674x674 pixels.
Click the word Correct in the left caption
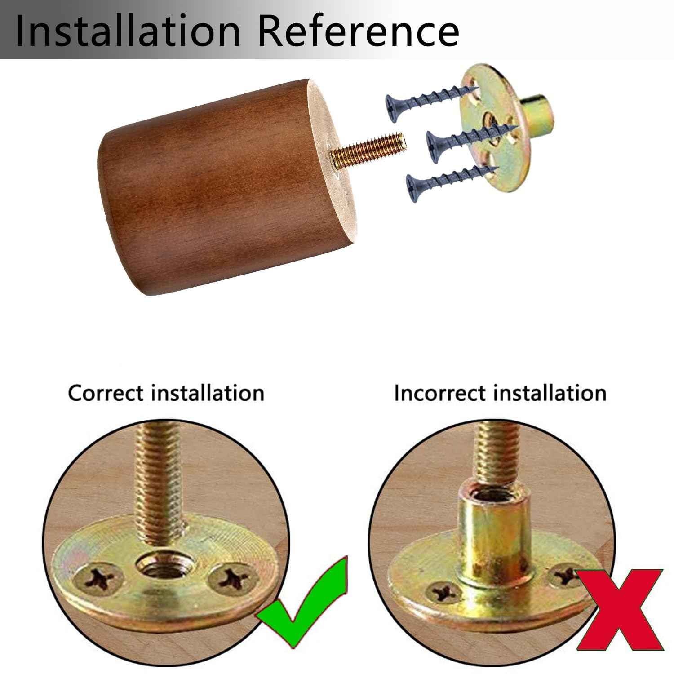click(107, 393)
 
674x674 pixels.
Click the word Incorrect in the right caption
click(441, 393)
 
